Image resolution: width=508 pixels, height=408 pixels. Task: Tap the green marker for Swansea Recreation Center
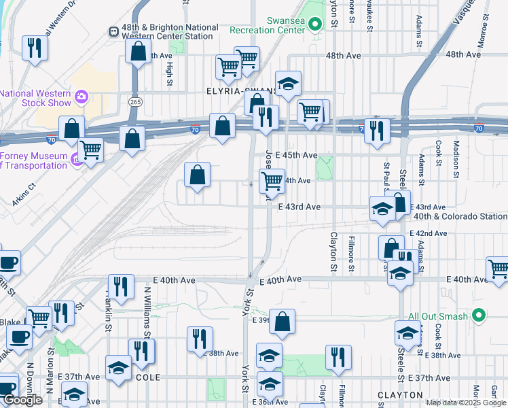(314, 26)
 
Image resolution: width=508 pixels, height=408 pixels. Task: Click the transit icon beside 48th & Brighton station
(113, 32)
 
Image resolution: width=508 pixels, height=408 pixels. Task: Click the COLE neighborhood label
(148, 377)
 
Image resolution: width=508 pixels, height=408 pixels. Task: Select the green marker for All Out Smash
(478, 316)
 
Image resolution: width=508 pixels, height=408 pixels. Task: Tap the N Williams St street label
(147, 313)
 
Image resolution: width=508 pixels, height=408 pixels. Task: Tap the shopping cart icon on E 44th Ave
(272, 181)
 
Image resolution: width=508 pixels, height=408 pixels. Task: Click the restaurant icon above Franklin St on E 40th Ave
(121, 286)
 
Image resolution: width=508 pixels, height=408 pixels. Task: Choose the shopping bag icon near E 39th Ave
(283, 322)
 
